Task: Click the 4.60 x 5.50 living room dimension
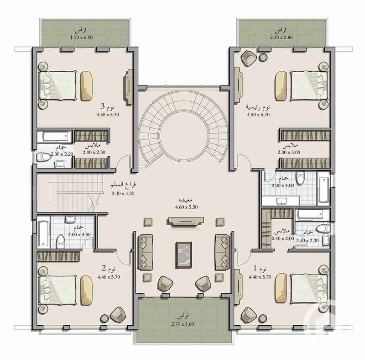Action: pyautogui.click(x=186, y=207)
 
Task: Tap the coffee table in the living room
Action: pyautogui.click(x=184, y=255)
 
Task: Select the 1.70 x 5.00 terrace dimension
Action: pyautogui.click(x=82, y=37)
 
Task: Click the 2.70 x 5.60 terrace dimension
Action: pyautogui.click(x=183, y=324)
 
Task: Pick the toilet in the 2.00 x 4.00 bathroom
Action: pyautogui.click(x=301, y=178)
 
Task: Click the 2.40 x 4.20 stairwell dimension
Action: pyautogui.click(x=123, y=193)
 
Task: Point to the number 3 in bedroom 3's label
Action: pyautogui.click(x=103, y=106)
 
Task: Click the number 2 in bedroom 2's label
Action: pyautogui.click(x=104, y=268)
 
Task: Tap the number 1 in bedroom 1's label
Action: pyautogui.click(x=255, y=268)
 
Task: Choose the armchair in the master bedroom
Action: pyautogui.click(x=249, y=58)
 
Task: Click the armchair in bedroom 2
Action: pyautogui.click(x=118, y=314)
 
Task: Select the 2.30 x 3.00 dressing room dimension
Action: pyautogui.click(x=289, y=152)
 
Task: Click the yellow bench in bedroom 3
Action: pyautogui.click(x=86, y=86)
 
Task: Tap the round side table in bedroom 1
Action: pyautogui.click(x=263, y=318)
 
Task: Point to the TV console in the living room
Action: pyautogui.click(x=185, y=221)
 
